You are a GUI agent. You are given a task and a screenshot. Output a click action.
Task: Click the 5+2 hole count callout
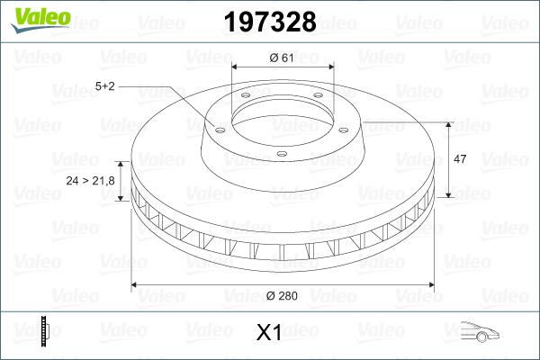coord(104,86)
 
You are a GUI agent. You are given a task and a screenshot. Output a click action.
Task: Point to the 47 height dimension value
coord(459,158)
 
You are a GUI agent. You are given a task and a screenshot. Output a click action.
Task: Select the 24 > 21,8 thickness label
coord(90,181)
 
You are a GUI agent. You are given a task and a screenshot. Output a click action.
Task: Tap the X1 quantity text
coord(269,333)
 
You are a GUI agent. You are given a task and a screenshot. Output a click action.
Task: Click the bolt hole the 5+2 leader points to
coord(218,127)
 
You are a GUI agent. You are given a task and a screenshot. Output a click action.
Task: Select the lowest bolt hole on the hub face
coord(282,154)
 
